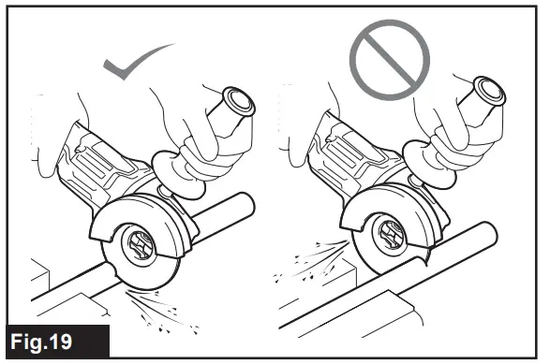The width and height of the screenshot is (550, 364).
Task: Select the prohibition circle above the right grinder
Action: pyautogui.click(x=391, y=59)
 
